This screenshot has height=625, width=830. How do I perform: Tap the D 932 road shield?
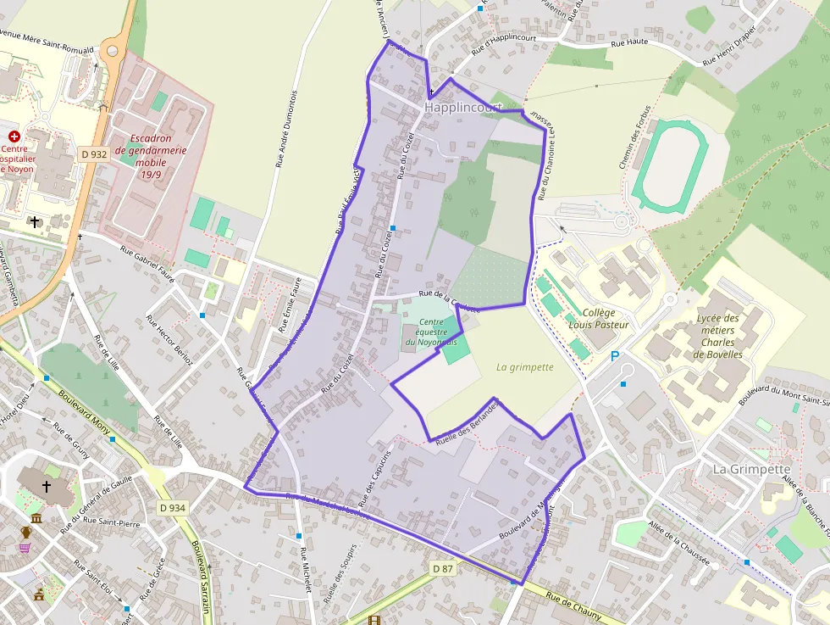click(93, 154)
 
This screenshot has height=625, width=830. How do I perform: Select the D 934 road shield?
click(172, 508)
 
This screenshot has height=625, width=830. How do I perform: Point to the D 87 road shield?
click(442, 568)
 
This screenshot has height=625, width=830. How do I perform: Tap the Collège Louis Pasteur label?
click(599, 318)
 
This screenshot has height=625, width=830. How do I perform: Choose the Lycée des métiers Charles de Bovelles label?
click(717, 337)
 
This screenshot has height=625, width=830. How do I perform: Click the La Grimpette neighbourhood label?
click(751, 469)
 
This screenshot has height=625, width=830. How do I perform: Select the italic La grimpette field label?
click(524, 367)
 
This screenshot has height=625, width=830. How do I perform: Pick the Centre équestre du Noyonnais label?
click(430, 332)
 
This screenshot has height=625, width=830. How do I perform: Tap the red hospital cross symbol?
click(14, 136)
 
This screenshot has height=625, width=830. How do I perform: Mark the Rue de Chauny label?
click(573, 607)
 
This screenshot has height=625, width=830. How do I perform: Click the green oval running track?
click(669, 165)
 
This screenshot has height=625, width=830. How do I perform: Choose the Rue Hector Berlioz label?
click(170, 341)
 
